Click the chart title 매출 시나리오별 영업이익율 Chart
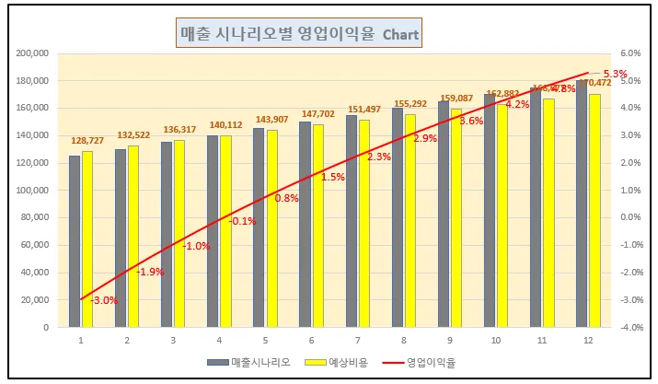click(298, 35)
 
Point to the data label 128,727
click(87, 141)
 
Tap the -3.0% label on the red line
click(104, 300)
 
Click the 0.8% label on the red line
click(286, 198)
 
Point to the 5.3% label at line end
click(614, 74)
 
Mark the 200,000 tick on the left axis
click(34, 53)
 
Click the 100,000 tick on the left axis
click(34, 190)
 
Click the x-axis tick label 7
click(358, 341)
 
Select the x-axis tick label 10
click(496, 341)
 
